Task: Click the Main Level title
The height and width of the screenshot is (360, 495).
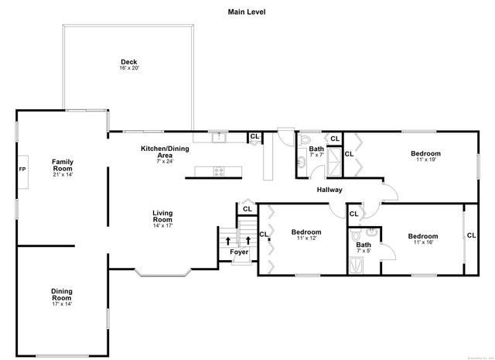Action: tap(247, 12)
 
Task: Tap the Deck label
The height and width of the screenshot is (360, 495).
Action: tap(129, 63)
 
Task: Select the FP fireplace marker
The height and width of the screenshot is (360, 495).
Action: tap(22, 170)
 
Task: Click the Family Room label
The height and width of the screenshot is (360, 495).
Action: tap(62, 165)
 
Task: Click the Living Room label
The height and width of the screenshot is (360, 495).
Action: tap(162, 216)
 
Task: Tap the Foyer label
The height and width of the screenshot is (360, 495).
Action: tap(238, 252)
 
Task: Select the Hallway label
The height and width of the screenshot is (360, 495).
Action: tap(329, 190)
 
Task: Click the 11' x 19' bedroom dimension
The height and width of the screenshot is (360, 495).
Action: tap(425, 160)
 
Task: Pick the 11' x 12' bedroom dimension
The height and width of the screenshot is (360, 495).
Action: tap(306, 238)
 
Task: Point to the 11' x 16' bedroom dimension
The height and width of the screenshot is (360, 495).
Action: tap(423, 243)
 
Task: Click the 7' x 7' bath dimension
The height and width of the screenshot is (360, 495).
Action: tap(316, 155)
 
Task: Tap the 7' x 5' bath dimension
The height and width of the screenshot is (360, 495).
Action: tap(364, 251)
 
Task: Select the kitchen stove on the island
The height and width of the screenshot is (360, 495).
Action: tap(219, 171)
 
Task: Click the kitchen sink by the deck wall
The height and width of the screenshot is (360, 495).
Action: tap(219, 137)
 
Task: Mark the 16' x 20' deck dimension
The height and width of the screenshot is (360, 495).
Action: tap(129, 69)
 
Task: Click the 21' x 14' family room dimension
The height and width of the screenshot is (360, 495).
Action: tap(62, 175)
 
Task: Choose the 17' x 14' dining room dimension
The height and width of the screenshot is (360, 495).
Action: tap(62, 304)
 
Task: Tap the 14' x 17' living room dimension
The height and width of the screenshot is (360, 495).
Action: tap(162, 226)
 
